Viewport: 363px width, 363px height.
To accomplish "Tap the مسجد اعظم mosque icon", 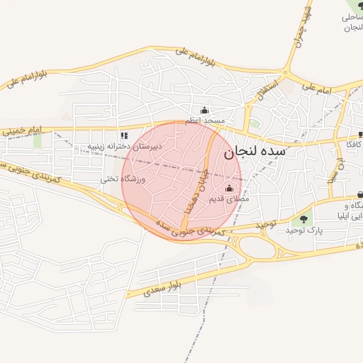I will click(x=205, y=110).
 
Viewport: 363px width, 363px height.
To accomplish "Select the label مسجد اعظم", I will click(x=205, y=121).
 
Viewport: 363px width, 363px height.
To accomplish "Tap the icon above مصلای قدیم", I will click(x=229, y=189).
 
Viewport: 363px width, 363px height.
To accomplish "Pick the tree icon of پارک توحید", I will click(x=304, y=219).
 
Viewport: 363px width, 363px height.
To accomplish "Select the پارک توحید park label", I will click(x=304, y=231).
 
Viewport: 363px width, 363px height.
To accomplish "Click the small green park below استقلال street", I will click(x=254, y=123).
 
